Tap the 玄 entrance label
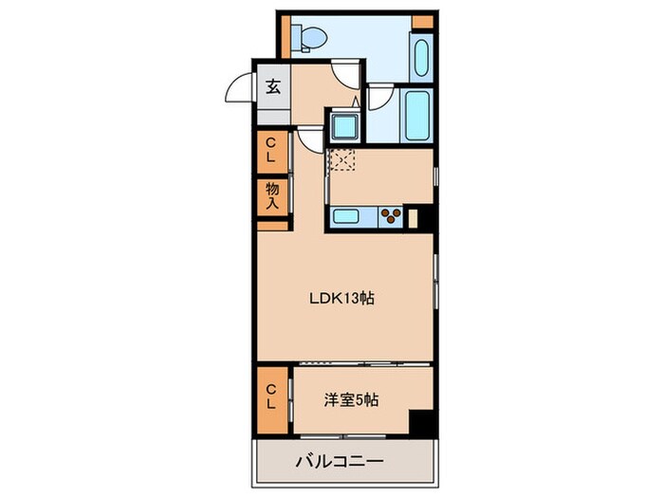pos(272,87)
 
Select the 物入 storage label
pos(272,195)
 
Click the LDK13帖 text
pos(342,298)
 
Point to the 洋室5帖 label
pos(351,400)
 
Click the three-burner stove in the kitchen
pos(390,215)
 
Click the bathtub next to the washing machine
pos(415,114)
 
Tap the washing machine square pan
pos(341,125)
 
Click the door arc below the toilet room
pos(344,74)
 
